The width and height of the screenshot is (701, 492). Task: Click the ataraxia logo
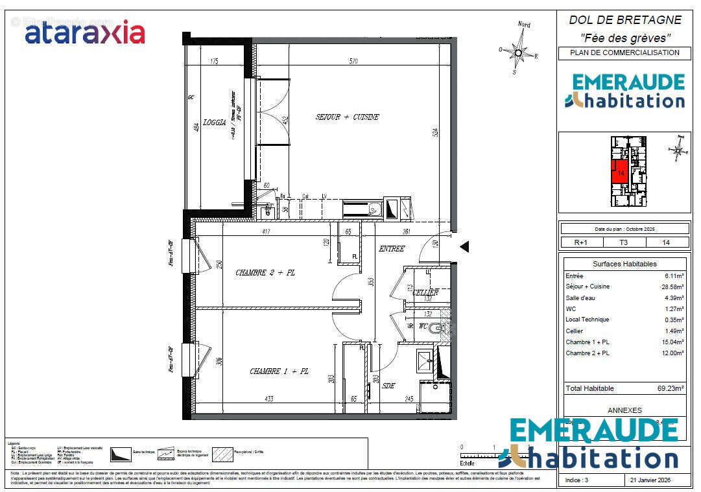(x=84, y=32)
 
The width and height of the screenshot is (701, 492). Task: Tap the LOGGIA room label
(x=214, y=122)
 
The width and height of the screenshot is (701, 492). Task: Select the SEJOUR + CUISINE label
(x=347, y=117)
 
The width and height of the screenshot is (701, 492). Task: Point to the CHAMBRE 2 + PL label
(x=265, y=273)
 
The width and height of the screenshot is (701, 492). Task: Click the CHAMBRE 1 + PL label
(x=279, y=371)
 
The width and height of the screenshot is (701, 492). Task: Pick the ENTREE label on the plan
(x=392, y=249)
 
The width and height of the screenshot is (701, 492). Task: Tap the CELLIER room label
(x=425, y=292)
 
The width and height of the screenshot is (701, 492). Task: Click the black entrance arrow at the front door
(x=464, y=246)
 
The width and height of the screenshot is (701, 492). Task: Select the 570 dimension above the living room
(x=353, y=62)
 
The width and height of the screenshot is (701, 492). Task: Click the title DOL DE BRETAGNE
(x=624, y=20)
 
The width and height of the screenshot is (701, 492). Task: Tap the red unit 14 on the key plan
(x=619, y=172)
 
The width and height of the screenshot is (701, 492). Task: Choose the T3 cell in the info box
(x=624, y=242)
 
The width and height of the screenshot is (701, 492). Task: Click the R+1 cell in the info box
(x=580, y=242)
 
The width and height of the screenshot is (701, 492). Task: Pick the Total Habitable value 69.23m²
(x=671, y=388)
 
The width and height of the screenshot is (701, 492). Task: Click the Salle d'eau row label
(x=580, y=298)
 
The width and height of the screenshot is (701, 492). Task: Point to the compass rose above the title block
(x=518, y=50)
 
